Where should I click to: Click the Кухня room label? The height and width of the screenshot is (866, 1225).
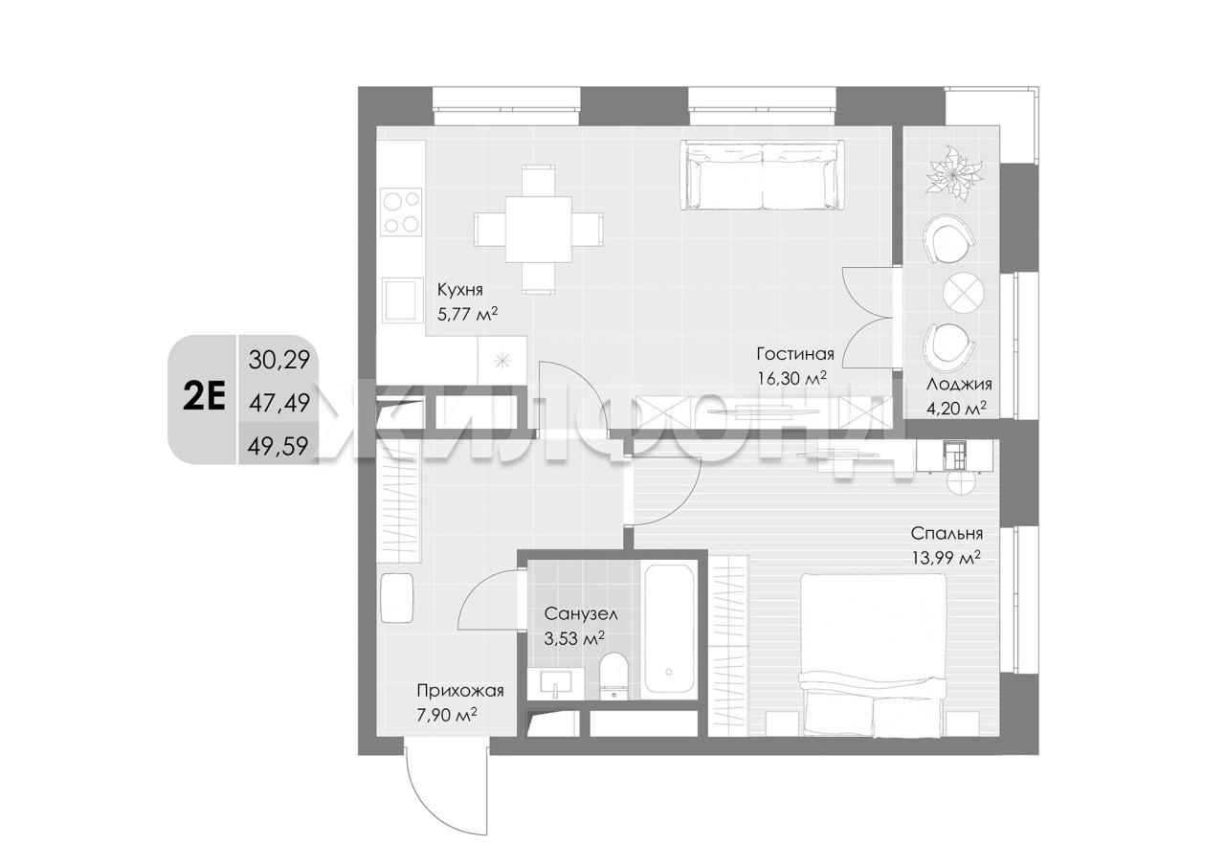pyautogui.click(x=460, y=289)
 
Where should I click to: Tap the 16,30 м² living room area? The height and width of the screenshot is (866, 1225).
pyautogui.click(x=791, y=378)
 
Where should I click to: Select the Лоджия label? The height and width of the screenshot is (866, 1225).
pyautogui.click(x=959, y=385)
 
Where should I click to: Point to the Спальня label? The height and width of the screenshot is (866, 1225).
pyautogui.click(x=947, y=533)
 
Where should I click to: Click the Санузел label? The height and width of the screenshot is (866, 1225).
pyautogui.click(x=581, y=614)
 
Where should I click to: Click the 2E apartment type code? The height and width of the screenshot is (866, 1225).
pyautogui.click(x=204, y=399)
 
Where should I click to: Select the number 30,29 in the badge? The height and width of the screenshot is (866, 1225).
pyautogui.click(x=278, y=361)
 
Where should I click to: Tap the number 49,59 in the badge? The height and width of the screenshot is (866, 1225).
pyautogui.click(x=278, y=446)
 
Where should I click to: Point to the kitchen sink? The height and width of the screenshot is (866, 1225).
pyautogui.click(x=403, y=300)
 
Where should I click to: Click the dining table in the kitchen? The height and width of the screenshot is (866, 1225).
pyautogui.click(x=539, y=230)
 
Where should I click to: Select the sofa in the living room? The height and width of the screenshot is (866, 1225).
pyautogui.click(x=763, y=175)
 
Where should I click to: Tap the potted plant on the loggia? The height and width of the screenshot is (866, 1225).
pyautogui.click(x=954, y=175)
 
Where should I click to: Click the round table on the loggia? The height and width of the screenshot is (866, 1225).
pyautogui.click(x=963, y=293)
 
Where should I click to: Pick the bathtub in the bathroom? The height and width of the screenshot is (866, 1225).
pyautogui.click(x=669, y=630)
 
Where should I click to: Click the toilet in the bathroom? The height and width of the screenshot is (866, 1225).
pyautogui.click(x=614, y=676)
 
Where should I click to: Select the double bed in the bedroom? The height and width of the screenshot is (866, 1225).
pyautogui.click(x=873, y=655)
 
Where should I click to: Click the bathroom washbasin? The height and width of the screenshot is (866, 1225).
pyautogui.click(x=556, y=683)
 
